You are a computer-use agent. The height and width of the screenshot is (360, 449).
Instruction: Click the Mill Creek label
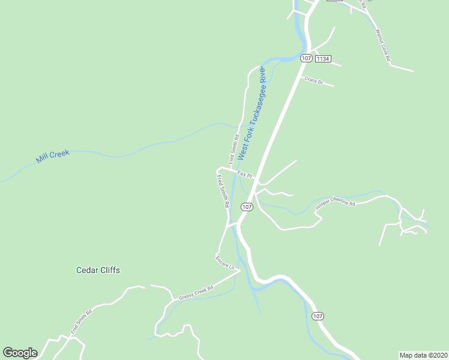tap(53, 157)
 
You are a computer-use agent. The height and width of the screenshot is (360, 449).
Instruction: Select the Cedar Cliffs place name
tap(98, 270)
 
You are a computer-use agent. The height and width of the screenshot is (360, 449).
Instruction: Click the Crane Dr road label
tap(314, 81)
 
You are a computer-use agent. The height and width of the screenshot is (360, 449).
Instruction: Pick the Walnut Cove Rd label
tap(382, 46)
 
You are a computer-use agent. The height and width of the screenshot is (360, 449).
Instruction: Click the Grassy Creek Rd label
tap(196, 292)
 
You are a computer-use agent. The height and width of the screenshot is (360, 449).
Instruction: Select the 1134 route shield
tap(323, 58)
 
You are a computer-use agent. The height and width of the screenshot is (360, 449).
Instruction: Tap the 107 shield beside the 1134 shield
tap(306, 58)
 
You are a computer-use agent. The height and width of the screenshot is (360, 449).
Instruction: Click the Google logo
tap(20, 353)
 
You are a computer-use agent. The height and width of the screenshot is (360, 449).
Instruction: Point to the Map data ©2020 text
tap(423, 355)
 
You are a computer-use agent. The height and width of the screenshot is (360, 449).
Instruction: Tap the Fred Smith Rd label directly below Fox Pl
tap(223, 191)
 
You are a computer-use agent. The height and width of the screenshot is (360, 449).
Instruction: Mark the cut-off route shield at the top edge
tap(334, 1)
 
